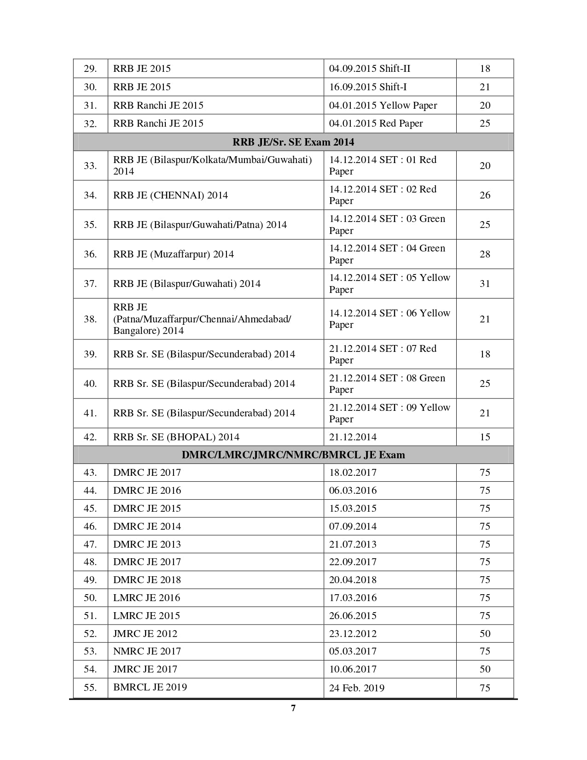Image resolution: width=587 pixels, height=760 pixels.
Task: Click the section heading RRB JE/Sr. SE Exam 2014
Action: click(x=293, y=142)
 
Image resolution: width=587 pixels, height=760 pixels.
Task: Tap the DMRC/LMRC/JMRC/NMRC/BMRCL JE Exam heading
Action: click(x=293, y=455)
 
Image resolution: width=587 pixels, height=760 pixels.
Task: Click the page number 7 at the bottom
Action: click(x=293, y=708)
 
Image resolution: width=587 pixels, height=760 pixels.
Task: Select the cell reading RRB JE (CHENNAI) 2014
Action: click(x=170, y=195)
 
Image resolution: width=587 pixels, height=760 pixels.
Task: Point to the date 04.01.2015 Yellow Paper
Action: click(x=383, y=105)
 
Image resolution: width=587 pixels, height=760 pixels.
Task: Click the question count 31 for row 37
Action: click(x=485, y=284)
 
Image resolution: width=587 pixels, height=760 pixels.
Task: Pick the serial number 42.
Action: click(x=90, y=437)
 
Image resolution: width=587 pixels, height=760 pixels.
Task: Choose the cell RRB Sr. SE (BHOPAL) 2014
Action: click(x=176, y=437)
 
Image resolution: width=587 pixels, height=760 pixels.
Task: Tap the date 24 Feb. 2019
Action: click(x=357, y=688)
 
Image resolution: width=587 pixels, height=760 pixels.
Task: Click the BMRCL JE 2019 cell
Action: click(x=150, y=687)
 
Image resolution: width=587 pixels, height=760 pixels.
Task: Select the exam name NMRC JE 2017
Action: click(x=147, y=651)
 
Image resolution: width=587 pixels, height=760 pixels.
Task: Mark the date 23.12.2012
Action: click(x=353, y=634)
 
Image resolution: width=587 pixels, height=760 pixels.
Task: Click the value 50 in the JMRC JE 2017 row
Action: click(x=485, y=669)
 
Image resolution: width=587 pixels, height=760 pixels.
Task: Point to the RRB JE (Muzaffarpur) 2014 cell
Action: click(x=174, y=254)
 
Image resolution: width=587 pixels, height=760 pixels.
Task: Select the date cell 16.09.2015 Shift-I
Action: click(x=368, y=87)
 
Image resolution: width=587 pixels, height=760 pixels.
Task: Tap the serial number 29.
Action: click(x=90, y=69)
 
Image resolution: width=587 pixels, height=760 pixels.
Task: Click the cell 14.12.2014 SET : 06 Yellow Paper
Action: click(x=389, y=319)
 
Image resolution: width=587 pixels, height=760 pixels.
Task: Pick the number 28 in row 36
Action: click(x=485, y=254)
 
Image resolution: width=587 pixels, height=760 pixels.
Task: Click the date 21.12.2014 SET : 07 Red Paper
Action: click(x=383, y=354)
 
